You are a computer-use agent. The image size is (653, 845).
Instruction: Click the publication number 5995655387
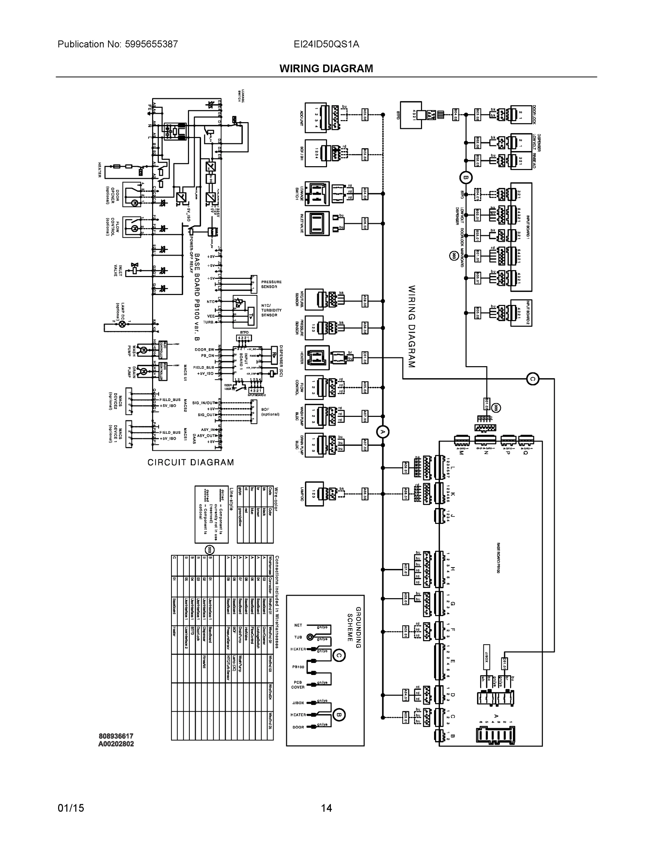click(151, 44)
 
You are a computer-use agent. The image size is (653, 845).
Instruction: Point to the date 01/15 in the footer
click(71, 808)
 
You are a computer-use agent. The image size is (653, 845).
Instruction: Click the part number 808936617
click(116, 736)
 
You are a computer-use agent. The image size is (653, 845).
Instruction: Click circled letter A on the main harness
click(383, 432)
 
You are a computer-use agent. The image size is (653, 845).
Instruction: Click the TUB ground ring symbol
click(310, 637)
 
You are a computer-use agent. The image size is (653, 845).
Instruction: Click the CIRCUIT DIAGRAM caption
click(191, 462)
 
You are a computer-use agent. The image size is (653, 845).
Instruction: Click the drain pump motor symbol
click(143, 371)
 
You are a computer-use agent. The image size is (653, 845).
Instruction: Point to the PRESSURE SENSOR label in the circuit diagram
click(271, 284)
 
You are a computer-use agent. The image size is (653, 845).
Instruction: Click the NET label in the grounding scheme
click(298, 625)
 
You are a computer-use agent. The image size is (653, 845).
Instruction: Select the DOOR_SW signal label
click(204, 350)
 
